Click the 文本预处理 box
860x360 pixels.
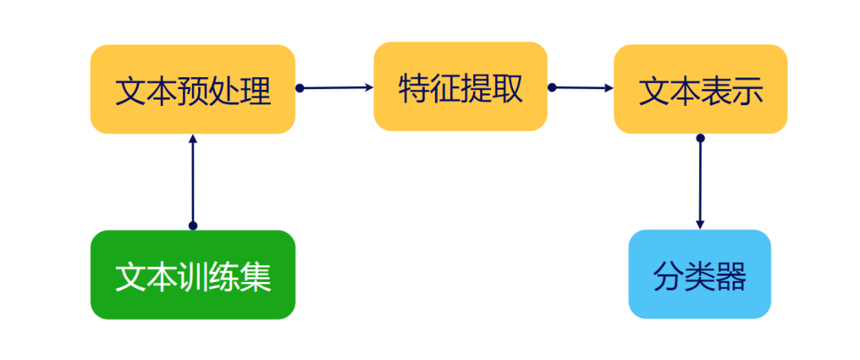point(193,89)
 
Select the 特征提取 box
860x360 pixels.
point(460,86)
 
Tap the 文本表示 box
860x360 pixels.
point(700,89)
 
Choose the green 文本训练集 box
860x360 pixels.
point(193,275)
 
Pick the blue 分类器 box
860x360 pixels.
point(699,275)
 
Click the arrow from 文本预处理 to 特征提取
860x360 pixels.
point(334,88)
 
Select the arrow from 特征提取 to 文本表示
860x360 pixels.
point(581,88)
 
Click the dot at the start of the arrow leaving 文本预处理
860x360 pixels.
point(300,88)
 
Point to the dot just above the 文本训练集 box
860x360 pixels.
point(192,225)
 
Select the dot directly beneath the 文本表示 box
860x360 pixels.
point(700,139)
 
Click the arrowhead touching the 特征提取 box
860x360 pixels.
point(369,88)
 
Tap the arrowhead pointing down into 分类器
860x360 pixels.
point(700,225)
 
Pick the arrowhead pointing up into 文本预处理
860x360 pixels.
point(192,139)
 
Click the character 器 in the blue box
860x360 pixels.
point(732,276)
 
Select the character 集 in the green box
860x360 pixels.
point(256,276)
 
